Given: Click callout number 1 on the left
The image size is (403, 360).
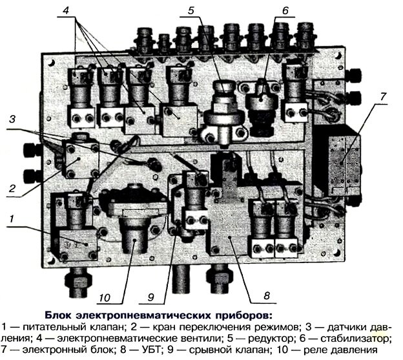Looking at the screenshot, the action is pyautogui.click(x=11, y=219).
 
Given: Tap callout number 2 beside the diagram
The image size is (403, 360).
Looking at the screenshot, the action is pyautogui.click(x=12, y=189).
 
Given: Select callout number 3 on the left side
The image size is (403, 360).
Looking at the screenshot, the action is pyautogui.click(x=12, y=119).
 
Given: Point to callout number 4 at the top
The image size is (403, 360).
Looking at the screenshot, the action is pyautogui.click(x=66, y=10).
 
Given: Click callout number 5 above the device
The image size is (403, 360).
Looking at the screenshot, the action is pyautogui.click(x=191, y=10).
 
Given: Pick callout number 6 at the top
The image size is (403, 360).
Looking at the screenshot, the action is pyautogui.click(x=285, y=10).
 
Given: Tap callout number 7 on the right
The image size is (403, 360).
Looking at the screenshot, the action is pyautogui.click(x=383, y=97).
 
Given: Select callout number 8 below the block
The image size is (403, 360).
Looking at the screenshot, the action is pyautogui.click(x=267, y=296).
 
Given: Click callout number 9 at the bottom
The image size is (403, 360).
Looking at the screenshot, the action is pyautogui.click(x=150, y=297).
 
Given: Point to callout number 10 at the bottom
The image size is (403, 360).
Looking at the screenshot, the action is pyautogui.click(x=105, y=298).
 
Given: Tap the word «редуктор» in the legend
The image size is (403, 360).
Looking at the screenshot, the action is pyautogui.click(x=271, y=339).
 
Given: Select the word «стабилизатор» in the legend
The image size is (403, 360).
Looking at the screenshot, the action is pyautogui.click(x=356, y=339).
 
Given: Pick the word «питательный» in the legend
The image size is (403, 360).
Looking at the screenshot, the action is pyautogui.click(x=55, y=327).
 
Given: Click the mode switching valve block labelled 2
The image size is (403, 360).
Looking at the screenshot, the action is pyautogui.click(x=81, y=159).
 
